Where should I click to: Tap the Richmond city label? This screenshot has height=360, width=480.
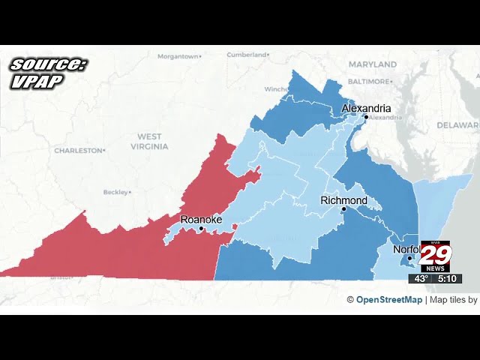point(343,200)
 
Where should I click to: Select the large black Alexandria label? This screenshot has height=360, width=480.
point(366,108)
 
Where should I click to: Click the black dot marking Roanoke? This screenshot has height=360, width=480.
point(201,228)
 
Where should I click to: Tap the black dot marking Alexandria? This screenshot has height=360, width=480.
point(366,117)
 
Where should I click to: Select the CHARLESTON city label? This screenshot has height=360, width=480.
point(78,151)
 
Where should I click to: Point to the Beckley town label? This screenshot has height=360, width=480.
point(115,192)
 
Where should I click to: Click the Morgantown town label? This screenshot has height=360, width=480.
point(178,56)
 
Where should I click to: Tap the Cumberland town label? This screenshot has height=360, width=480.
point(247,55)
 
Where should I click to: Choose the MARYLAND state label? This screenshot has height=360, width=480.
point(372,64)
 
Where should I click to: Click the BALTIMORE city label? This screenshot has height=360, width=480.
point(370,81)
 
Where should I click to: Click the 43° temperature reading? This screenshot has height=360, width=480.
point(421,278)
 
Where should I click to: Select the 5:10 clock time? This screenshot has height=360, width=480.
point(448,278)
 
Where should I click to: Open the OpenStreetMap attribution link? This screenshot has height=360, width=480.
point(388,300)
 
